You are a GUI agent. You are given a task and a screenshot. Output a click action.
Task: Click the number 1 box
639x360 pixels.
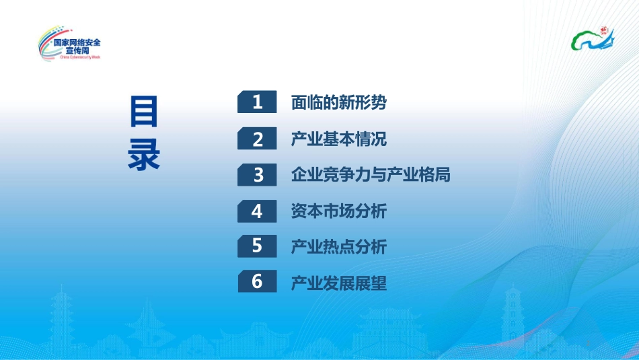click(x=257, y=102)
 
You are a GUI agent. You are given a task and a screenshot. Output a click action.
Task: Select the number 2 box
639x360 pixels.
click(x=257, y=139)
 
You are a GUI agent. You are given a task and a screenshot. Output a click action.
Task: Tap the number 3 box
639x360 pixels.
click(x=257, y=175)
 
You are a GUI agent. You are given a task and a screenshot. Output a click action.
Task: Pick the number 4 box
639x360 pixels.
click(x=257, y=211)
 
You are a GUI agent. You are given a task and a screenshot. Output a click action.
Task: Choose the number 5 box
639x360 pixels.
click(x=257, y=246)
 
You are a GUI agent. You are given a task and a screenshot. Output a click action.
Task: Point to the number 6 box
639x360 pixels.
click(x=257, y=282)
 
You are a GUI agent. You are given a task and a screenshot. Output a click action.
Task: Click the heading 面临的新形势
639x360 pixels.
click(x=338, y=103)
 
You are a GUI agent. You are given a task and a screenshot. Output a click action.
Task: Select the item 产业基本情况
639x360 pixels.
click(x=338, y=139)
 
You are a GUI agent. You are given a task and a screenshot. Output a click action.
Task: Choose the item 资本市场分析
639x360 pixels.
click(x=338, y=211)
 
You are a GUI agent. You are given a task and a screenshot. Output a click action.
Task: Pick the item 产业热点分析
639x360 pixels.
click(x=338, y=247)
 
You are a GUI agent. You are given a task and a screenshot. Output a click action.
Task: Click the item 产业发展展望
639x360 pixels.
click(x=338, y=283)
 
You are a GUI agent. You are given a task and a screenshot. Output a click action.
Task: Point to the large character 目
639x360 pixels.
click(x=144, y=112)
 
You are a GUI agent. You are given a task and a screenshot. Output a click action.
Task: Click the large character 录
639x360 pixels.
click(x=144, y=154)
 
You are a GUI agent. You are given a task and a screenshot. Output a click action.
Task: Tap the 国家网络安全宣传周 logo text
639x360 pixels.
click(x=77, y=46)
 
